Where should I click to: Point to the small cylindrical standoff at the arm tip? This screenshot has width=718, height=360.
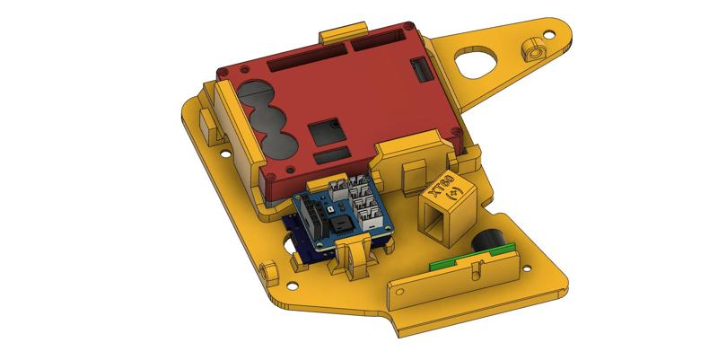pos(536,48)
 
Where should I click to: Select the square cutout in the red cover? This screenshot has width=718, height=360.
pos(324,133)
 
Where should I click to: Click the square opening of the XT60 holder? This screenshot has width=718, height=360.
pos(441,222)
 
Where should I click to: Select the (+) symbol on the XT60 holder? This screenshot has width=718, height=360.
pos(454,194)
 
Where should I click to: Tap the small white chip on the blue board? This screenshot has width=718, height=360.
pos(333,203)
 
